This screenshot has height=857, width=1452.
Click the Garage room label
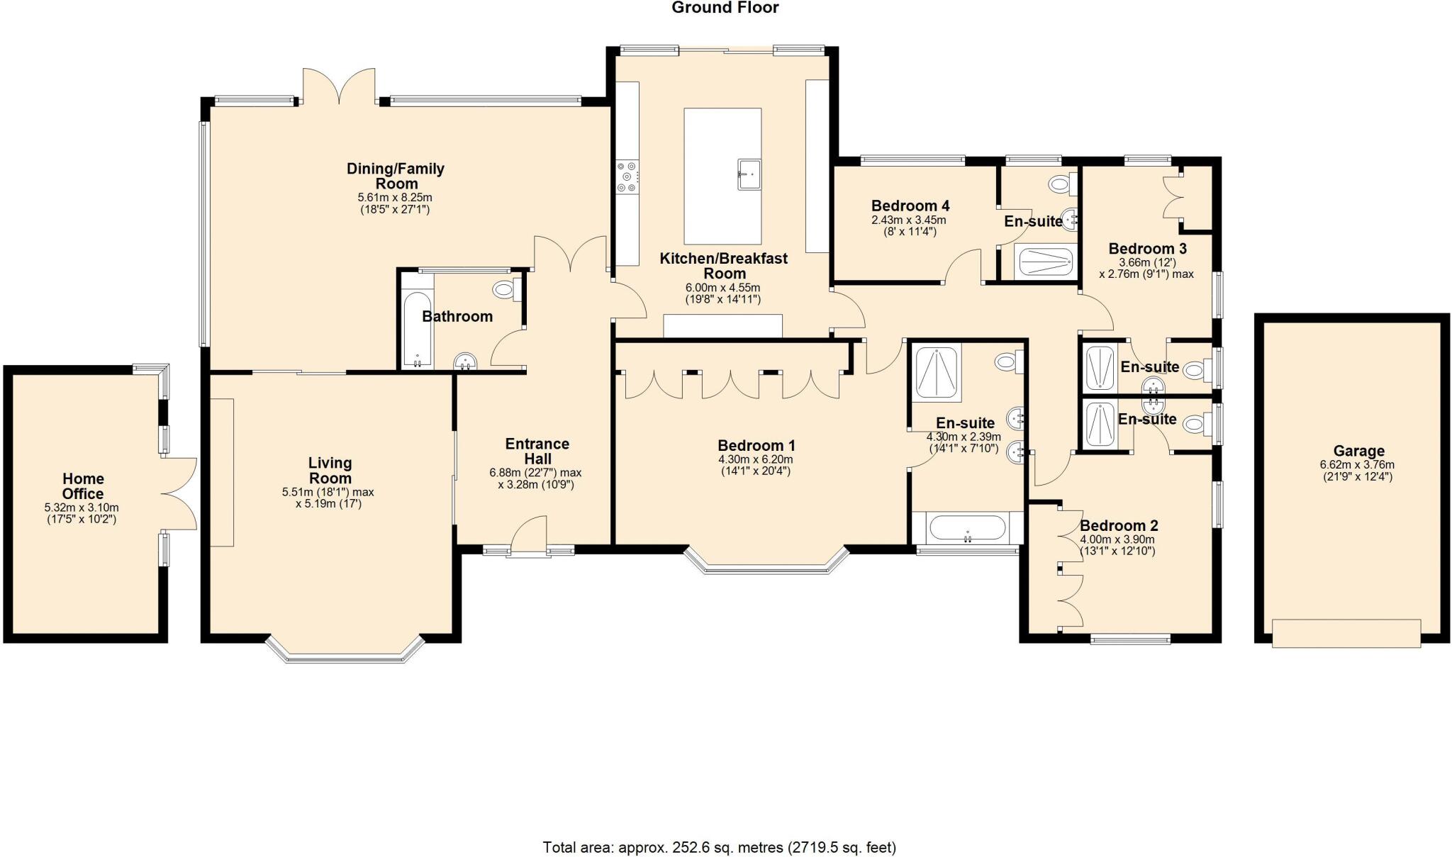click(1358, 451)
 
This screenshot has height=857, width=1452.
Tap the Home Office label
click(83, 486)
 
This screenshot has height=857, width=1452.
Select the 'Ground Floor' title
click(725, 8)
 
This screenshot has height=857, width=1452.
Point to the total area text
click(720, 847)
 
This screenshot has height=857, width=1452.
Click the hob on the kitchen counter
click(627, 177)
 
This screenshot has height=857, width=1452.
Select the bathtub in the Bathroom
click(416, 330)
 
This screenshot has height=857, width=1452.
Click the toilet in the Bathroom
click(507, 289)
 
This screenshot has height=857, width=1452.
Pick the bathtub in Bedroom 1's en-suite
click(967, 528)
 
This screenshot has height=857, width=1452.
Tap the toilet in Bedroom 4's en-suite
click(1063, 185)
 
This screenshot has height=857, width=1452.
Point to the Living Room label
click(330, 471)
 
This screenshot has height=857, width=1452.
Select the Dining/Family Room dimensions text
click(395, 203)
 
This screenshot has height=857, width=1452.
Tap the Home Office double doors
click(179, 493)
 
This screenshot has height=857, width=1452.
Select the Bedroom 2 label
click(1119, 526)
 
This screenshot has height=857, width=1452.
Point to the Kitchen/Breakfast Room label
click(724, 266)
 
